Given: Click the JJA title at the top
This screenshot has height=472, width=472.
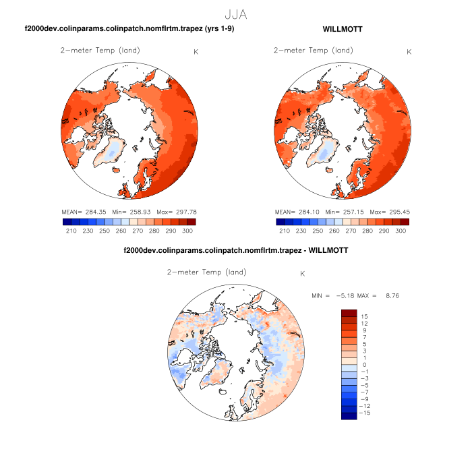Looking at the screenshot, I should point(235,13).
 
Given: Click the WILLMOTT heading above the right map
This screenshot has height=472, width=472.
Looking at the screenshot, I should point(343,30).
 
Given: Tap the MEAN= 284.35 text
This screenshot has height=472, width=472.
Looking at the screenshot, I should point(83,212).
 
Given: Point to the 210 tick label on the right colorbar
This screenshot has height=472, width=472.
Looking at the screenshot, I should point(284,231).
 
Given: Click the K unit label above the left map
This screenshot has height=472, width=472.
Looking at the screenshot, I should point(196,52).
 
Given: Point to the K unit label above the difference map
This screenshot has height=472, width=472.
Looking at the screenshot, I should point(303,274).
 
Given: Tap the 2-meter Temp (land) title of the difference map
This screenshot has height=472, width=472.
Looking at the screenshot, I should point(206,272).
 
